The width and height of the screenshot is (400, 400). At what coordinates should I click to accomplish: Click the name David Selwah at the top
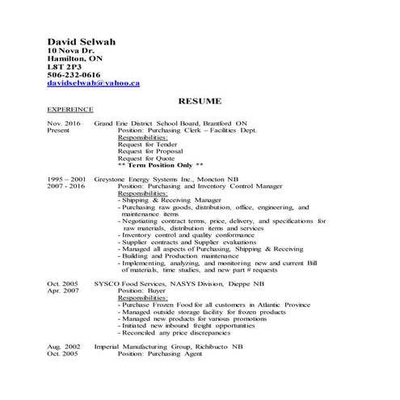click(82, 41)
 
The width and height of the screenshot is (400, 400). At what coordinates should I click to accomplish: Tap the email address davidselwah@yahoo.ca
click(94, 82)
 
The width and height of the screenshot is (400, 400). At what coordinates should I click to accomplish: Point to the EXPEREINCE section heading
click(70, 108)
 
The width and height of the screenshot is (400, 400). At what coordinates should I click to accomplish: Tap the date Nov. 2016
click(64, 123)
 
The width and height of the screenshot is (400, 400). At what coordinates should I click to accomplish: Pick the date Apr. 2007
click(64, 290)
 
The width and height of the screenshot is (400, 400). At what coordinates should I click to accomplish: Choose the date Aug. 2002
click(64, 346)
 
